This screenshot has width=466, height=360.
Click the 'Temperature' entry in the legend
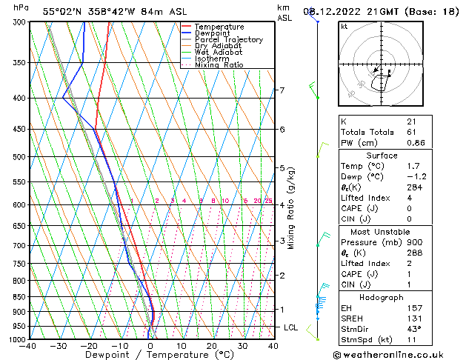(218, 27)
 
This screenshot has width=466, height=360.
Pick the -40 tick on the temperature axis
(28, 346)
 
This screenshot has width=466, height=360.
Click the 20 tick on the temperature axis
(212, 346)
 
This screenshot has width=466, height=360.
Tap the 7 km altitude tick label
(282, 90)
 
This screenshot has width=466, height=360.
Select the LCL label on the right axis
(291, 327)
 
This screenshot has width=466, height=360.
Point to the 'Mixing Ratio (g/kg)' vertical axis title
(291, 208)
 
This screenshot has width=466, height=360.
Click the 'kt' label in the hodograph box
(344, 27)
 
